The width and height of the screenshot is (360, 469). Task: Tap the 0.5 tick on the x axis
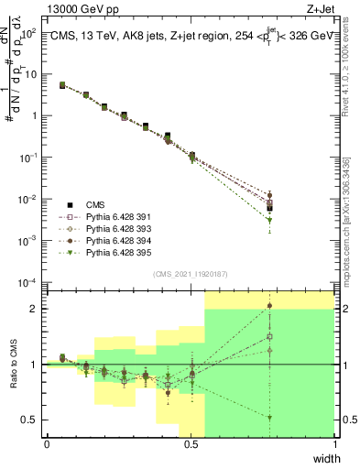191,445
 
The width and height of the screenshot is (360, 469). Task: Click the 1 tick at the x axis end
334,445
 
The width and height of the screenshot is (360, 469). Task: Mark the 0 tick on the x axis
47,445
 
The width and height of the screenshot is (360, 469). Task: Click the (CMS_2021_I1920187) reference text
191,272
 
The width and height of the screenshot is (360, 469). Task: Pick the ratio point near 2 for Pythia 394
269,306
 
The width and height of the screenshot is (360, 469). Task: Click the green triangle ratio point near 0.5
269,418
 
